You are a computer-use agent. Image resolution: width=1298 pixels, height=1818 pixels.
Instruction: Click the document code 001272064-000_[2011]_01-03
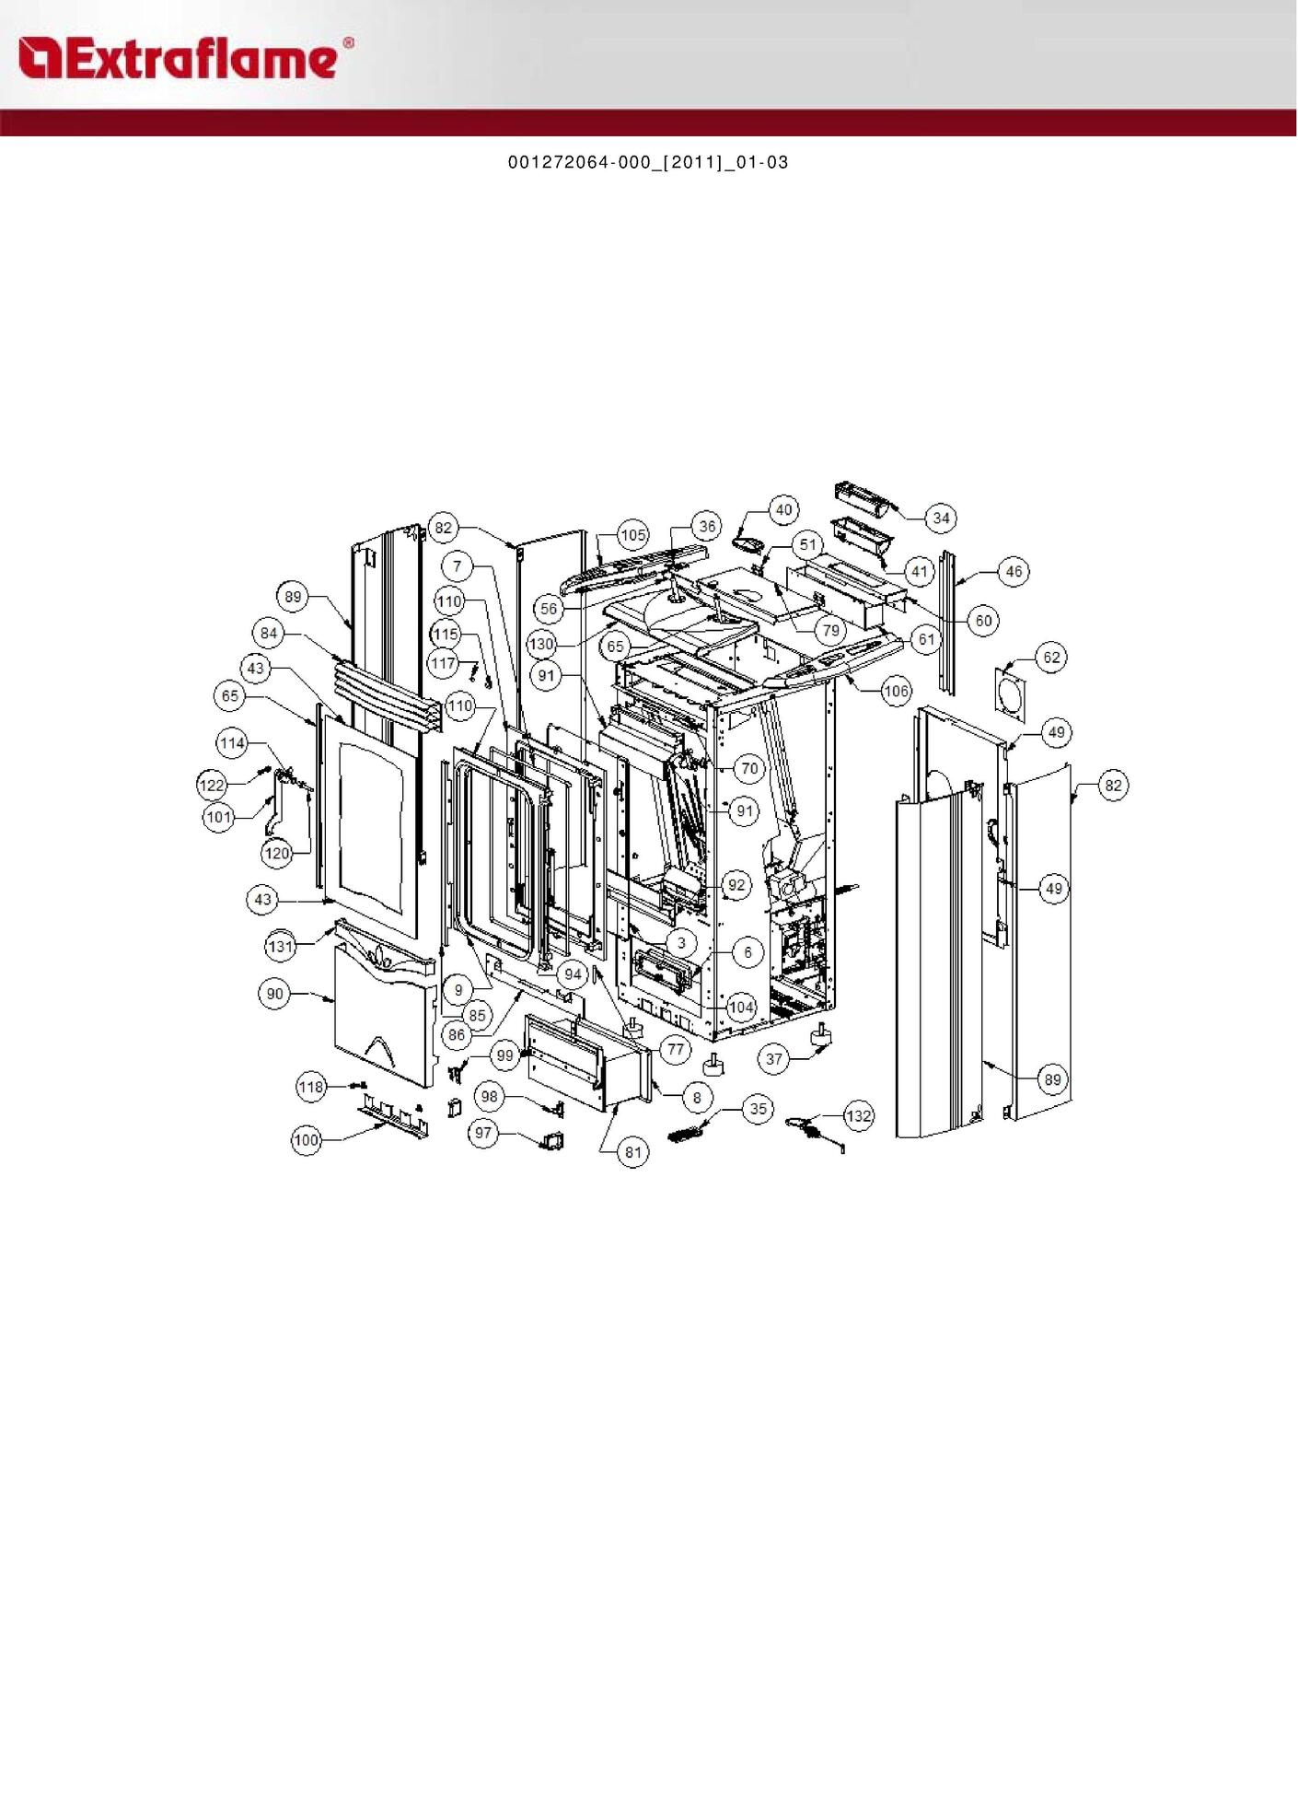click(x=648, y=162)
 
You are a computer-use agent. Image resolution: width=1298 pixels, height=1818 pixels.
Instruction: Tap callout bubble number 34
click(x=941, y=519)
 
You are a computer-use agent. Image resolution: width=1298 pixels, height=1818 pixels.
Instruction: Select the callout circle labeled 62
click(x=1051, y=658)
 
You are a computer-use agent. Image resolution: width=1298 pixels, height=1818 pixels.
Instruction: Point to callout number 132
click(x=858, y=1116)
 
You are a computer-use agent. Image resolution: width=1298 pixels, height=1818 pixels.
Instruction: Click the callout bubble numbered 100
click(x=307, y=1140)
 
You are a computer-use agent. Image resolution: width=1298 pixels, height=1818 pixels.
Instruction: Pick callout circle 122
click(x=213, y=785)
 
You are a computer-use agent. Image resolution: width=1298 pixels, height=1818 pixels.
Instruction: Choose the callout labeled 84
click(x=269, y=634)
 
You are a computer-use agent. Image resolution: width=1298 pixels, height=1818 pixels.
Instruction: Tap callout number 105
click(x=633, y=535)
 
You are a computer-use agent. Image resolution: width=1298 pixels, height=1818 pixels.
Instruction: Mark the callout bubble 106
click(x=896, y=690)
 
